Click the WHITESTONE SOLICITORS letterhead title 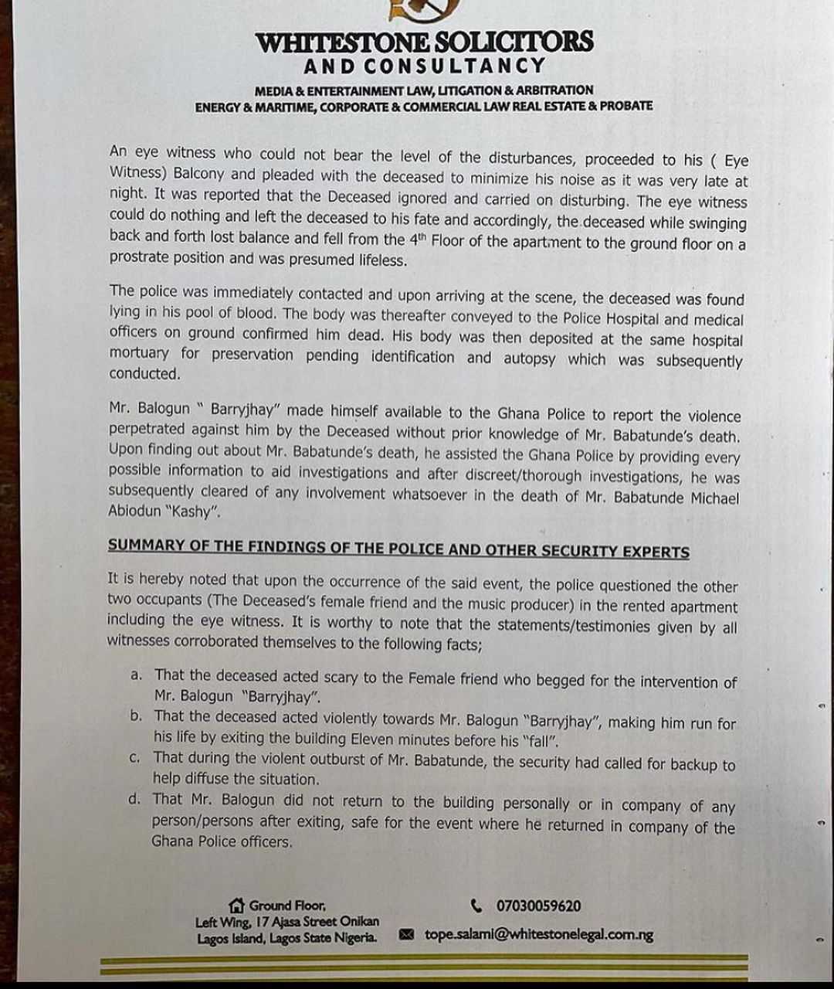(x=424, y=42)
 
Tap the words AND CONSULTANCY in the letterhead (x=424, y=66)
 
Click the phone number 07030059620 (x=538, y=906)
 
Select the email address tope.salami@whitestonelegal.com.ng (x=538, y=935)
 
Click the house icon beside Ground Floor (x=236, y=906)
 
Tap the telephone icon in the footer (x=476, y=906)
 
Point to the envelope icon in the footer (x=407, y=936)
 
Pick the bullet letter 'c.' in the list (x=136, y=758)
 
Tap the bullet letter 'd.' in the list (x=135, y=799)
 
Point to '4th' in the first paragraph (x=417, y=240)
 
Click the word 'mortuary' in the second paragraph (x=139, y=353)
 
